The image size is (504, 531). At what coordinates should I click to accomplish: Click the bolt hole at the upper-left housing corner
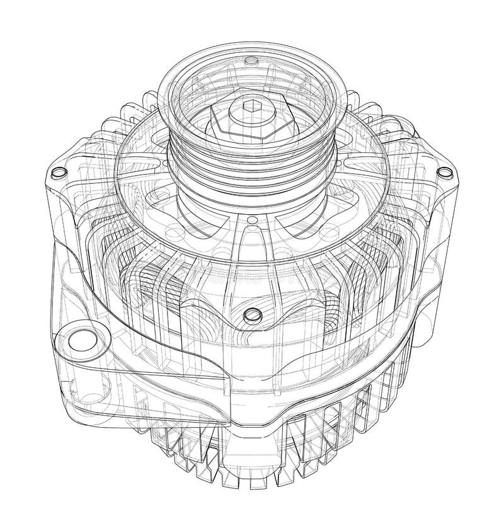(x=58, y=172)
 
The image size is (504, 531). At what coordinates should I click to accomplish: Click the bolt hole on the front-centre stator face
(x=253, y=313)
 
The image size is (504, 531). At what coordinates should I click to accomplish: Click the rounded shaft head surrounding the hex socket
(x=251, y=113)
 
